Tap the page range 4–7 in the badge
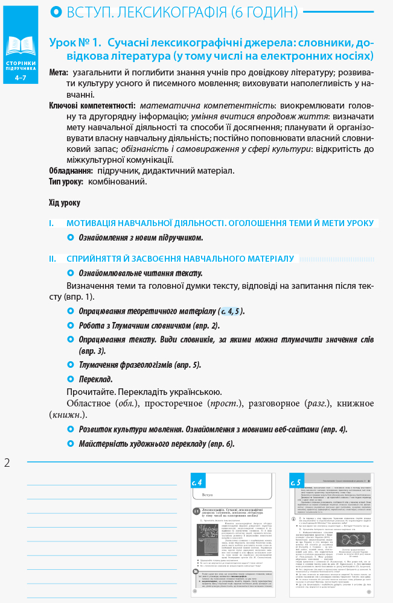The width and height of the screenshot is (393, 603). tap(21, 78)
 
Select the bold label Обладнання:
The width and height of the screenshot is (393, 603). tap(71, 171)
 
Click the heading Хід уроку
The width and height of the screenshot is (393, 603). tap(64, 203)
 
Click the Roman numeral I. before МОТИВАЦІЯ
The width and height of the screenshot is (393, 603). tap(51, 223)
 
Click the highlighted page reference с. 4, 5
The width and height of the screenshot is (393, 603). tap(230, 311)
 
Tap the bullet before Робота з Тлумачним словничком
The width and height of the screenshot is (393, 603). tap(71, 326)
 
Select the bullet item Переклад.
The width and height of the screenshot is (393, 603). tap(95, 379)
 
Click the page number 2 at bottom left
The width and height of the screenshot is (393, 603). tap(7, 463)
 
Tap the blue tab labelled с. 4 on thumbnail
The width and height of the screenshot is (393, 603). tap(198, 482)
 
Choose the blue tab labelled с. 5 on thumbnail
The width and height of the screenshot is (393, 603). tap(296, 482)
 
